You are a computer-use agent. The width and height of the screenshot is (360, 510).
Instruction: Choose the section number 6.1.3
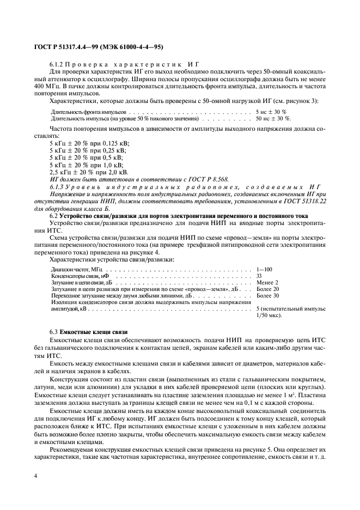point(57,186)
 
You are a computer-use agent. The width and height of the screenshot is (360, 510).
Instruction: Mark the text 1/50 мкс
point(269,315)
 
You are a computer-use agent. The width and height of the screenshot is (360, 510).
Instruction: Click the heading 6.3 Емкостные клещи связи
point(88,331)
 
